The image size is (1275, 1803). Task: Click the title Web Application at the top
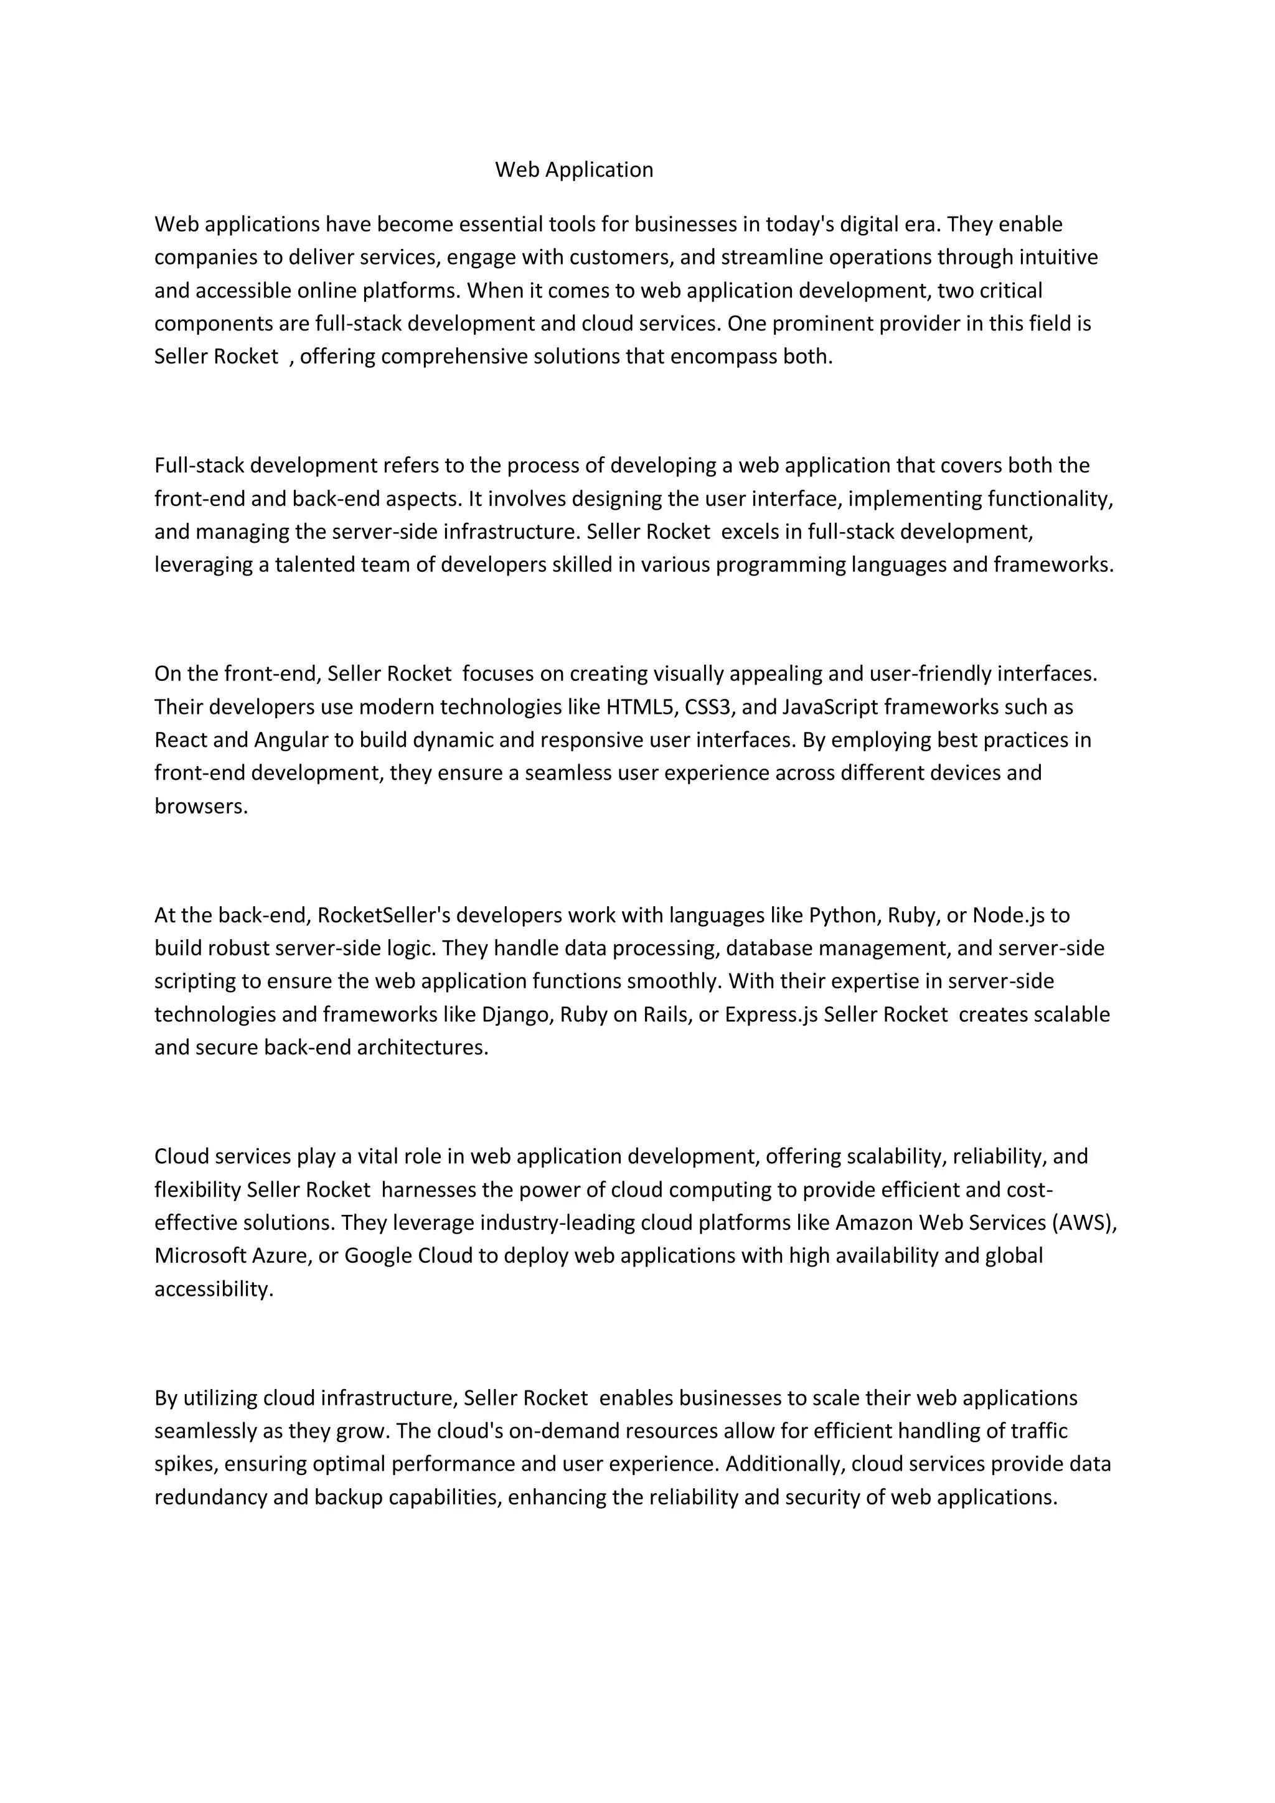573,170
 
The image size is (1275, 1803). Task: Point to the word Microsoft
200,1256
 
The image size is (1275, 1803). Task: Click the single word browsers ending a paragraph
201,807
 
